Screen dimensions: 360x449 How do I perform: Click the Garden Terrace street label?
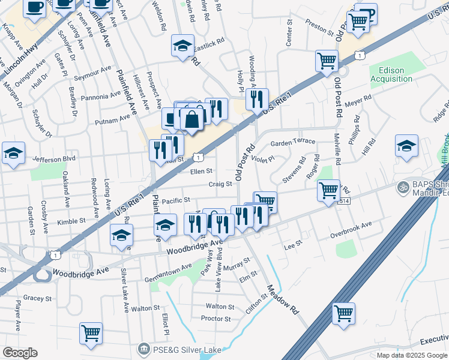pyautogui.click(x=293, y=142)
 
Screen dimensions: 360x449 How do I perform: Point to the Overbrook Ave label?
pyautogui.click(x=351, y=229)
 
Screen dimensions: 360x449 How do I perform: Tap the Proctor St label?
pyautogui.click(x=216, y=319)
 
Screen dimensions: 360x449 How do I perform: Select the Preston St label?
pyautogui.click(x=319, y=28)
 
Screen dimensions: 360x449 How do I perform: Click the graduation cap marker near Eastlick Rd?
pyautogui.click(x=182, y=45)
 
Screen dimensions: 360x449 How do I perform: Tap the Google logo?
pyautogui.click(x=20, y=353)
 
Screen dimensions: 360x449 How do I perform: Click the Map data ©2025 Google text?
pyautogui.click(x=411, y=355)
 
